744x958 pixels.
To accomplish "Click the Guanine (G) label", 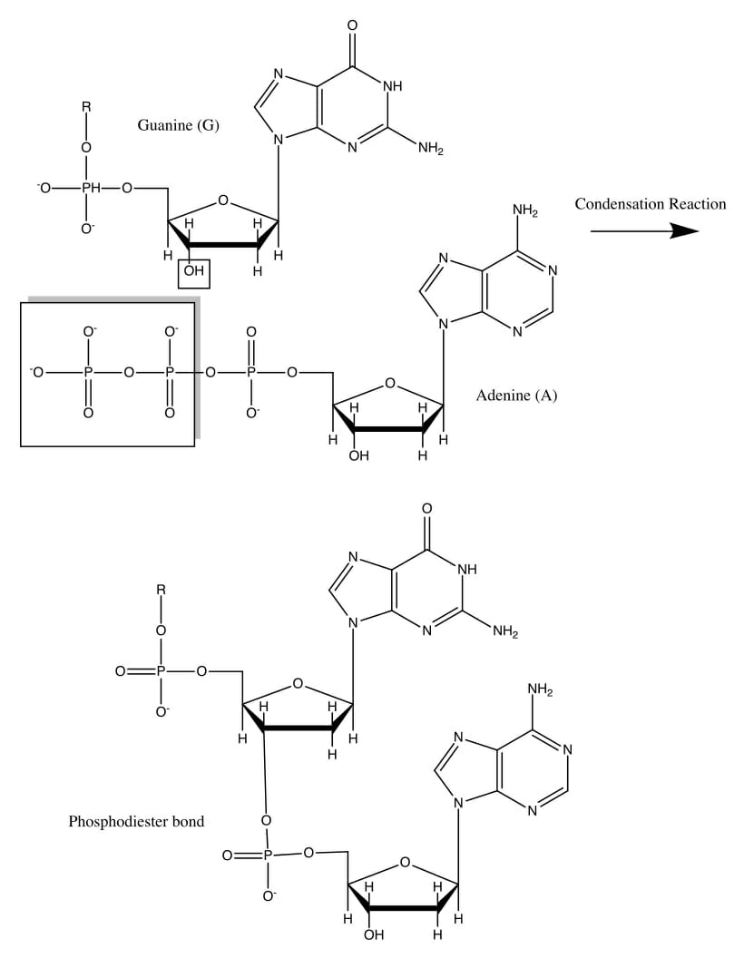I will (178, 125).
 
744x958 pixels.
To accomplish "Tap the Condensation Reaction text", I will (650, 204).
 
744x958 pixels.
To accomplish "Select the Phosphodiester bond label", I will (136, 822).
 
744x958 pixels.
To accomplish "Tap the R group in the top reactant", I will (87, 107).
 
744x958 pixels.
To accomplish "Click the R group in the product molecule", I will (162, 590).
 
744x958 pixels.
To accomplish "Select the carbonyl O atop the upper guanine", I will (352, 24).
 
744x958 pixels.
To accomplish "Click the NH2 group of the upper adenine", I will (525, 211).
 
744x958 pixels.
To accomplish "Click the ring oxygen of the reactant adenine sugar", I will (389, 384).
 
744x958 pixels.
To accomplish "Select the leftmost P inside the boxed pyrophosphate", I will (88, 372).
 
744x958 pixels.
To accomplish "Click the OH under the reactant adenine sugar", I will (359, 455).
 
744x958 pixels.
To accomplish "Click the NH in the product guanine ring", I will (466, 570).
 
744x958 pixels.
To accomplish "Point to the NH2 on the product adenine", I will (540, 691).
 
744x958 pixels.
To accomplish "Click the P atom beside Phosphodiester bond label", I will (266, 854).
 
